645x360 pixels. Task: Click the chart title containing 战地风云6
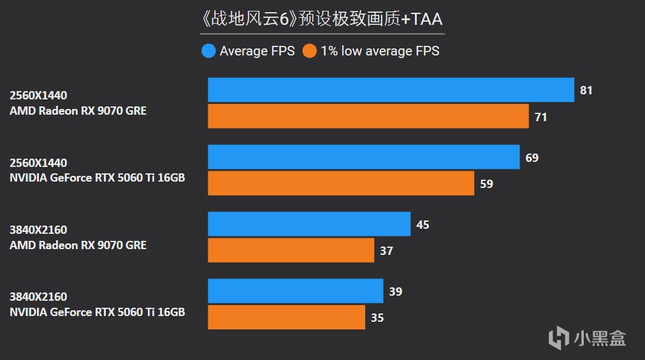322,18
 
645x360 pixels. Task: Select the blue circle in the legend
208,51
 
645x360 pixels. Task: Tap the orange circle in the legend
310,51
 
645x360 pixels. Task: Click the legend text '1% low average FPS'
380,51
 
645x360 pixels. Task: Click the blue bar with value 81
391,90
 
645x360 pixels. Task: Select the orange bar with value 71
368,117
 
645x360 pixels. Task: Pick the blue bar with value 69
363,157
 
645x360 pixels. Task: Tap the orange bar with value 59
341,184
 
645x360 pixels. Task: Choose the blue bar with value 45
309,224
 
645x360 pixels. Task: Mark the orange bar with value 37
291,250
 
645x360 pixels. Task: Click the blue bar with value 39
295,291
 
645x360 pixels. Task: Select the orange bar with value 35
286,317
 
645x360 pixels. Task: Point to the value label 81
586,90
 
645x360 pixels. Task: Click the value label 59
486,184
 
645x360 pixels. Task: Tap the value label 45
422,225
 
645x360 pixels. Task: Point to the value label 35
377,317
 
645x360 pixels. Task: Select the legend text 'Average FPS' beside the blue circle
257,51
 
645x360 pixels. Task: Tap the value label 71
540,117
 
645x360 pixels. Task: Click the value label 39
395,292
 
